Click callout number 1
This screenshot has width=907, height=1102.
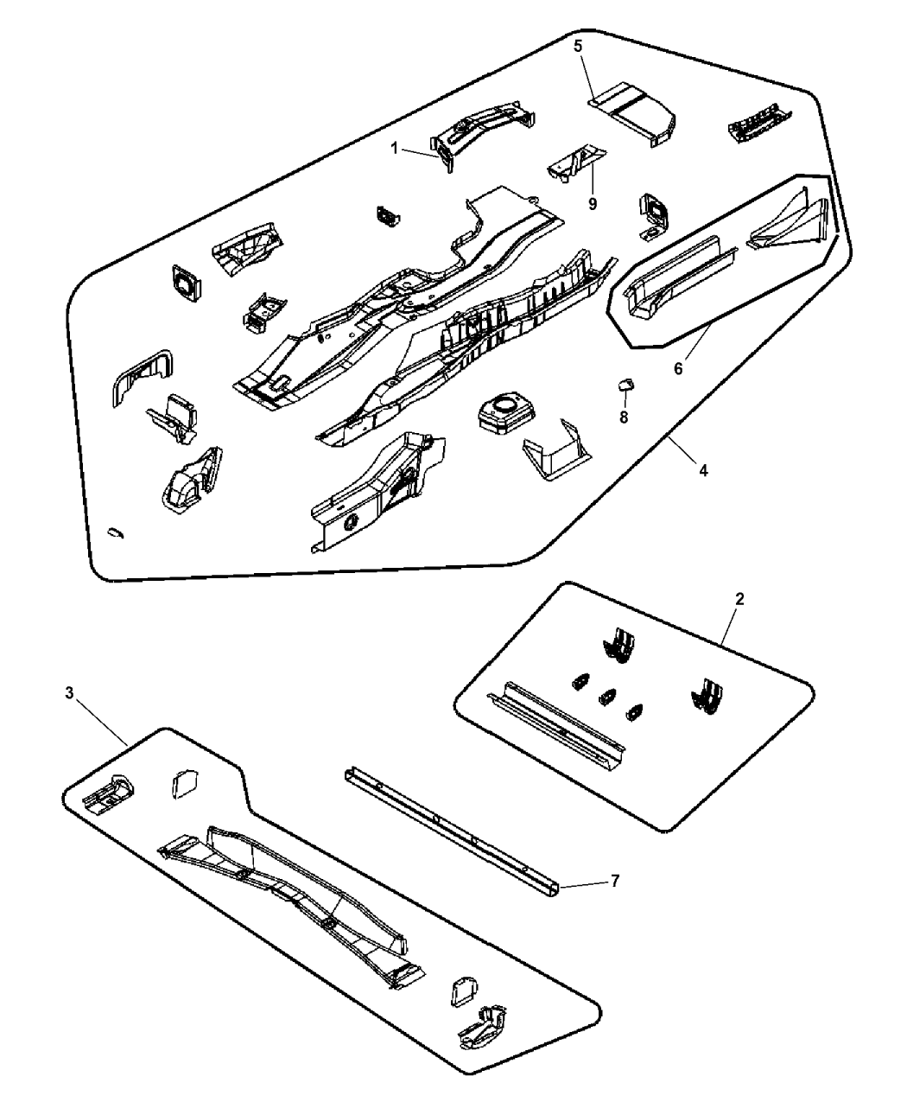(394, 149)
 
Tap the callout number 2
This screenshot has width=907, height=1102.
(739, 599)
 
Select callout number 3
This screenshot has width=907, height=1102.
(69, 693)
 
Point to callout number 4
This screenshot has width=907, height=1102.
(703, 469)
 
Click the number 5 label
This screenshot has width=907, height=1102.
(578, 46)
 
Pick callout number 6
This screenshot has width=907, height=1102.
(679, 369)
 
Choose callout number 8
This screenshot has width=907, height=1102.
(624, 417)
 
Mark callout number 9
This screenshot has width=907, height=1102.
(593, 203)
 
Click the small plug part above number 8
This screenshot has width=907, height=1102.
(625, 385)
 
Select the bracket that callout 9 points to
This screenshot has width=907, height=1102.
(576, 162)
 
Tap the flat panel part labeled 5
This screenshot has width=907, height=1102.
(632, 113)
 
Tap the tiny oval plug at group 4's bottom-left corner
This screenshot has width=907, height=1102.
(115, 532)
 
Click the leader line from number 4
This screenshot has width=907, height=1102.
(682, 449)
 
